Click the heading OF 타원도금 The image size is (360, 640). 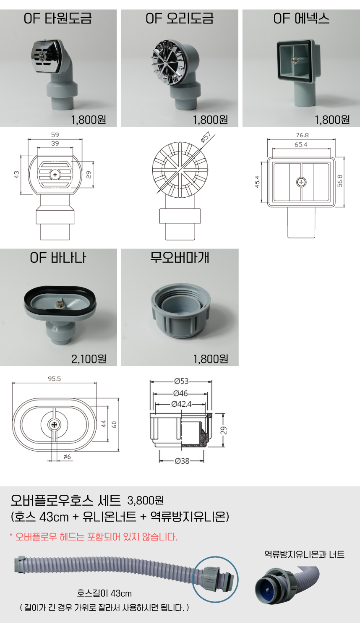58,18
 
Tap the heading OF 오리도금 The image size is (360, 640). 180,18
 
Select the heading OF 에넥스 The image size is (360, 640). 301,18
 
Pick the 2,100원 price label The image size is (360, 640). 89,359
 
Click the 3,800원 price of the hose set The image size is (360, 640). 146,500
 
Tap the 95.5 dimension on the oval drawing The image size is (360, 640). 54,379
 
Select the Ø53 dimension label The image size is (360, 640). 181,381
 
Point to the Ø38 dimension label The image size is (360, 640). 182,461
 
